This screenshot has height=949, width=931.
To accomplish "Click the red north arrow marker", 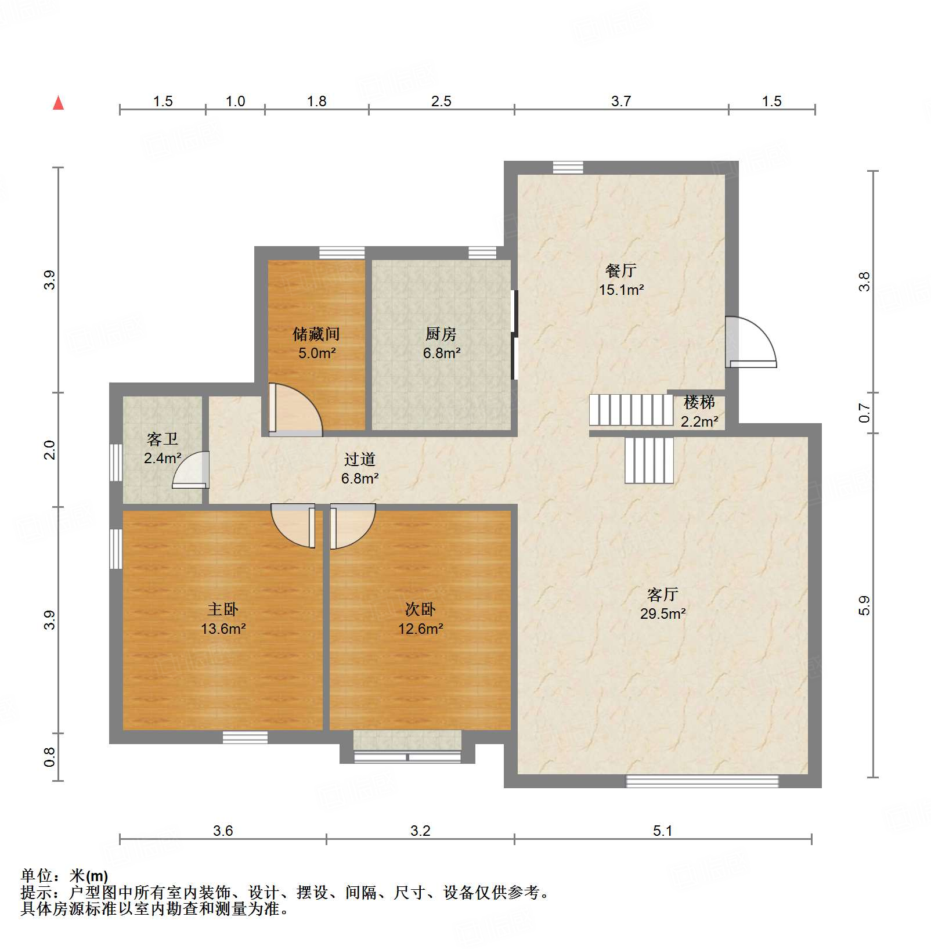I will tap(58, 103).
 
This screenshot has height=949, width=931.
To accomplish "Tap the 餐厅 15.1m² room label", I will tap(621, 280).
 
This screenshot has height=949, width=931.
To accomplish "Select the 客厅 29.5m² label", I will tap(663, 604).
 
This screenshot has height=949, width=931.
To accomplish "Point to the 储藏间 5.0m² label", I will tap(316, 343).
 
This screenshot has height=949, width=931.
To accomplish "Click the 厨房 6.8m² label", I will tap(441, 343).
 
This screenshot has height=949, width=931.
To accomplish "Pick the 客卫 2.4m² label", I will tap(163, 448).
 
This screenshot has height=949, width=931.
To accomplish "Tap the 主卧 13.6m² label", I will tap(223, 619).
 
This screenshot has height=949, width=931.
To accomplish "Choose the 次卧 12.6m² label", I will tap(420, 619).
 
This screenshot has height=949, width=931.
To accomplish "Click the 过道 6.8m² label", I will tap(360, 468).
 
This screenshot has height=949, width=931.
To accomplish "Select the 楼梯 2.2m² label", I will tap(699, 411).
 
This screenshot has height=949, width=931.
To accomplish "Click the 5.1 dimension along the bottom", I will tap(662, 831).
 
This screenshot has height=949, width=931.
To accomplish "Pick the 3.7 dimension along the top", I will tap(620, 102).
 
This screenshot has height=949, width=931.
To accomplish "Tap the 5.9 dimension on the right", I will tap(864, 605).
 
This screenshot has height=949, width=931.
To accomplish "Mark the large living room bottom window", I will tap(702, 781).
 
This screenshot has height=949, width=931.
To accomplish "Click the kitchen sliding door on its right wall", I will tap(514, 334).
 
